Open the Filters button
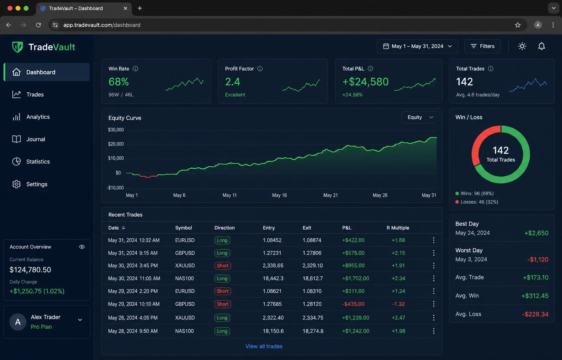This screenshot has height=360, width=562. (482, 46)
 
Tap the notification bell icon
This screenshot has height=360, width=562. (541, 46)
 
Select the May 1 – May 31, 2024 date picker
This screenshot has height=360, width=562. (417, 46)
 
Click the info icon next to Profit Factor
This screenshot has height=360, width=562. (260, 69)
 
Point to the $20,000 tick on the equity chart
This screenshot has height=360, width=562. (116, 144)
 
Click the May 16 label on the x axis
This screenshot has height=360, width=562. (279, 195)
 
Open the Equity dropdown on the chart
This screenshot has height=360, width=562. (420, 117)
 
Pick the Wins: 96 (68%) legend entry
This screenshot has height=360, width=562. (475, 193)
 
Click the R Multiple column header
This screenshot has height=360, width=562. (398, 228)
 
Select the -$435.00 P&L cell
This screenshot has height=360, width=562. (353, 304)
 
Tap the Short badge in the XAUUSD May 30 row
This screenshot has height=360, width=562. (223, 266)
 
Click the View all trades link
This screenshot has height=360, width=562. (264, 346)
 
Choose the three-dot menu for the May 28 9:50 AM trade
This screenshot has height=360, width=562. (433, 331)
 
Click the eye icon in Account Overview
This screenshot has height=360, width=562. (82, 247)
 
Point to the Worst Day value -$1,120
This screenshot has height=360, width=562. (538, 259)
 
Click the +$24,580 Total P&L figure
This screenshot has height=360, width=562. (365, 82)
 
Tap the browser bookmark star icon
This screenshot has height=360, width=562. (518, 25)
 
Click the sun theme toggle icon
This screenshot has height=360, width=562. (522, 46)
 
